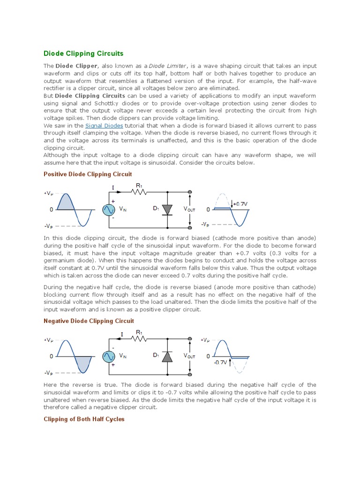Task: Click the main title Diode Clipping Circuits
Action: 83,54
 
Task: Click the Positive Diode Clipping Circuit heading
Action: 88,174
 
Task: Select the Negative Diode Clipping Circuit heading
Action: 89,321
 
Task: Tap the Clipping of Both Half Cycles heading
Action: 84,419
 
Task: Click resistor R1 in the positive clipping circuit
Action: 139,191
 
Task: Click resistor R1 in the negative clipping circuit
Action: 139,338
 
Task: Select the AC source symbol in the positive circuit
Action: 109,210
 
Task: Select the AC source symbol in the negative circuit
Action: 109,356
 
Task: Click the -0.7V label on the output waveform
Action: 220,362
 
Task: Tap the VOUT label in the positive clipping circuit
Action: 189,210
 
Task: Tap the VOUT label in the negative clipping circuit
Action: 189,356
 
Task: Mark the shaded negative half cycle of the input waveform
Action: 84,363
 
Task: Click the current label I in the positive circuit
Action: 113,187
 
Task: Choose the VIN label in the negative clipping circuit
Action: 123,356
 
